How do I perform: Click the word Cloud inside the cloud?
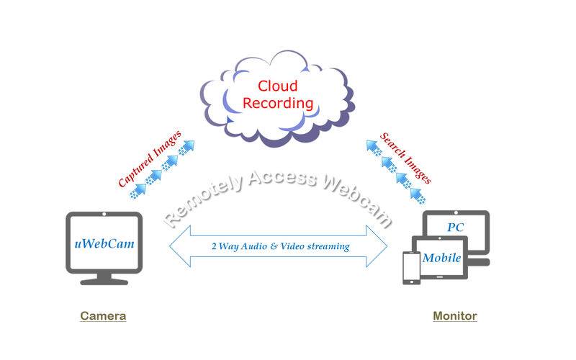coord(277,86)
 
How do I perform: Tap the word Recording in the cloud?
coord(278,104)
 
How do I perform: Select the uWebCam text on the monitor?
coord(104,244)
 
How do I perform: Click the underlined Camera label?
coord(103,316)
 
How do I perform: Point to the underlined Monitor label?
coord(455,316)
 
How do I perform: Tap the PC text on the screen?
coord(456,228)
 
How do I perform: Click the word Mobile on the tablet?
coord(441,258)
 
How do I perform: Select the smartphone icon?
coord(411,268)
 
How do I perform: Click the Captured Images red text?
coord(150,158)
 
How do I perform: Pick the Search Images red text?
coord(405,158)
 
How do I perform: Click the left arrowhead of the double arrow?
coord(180,246)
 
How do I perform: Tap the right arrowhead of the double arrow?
coord(377,246)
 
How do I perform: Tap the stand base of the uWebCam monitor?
coord(104,282)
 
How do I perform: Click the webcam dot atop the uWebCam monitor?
coord(104,214)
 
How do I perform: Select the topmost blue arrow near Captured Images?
coord(187,148)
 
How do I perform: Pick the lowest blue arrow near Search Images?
coord(418,195)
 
